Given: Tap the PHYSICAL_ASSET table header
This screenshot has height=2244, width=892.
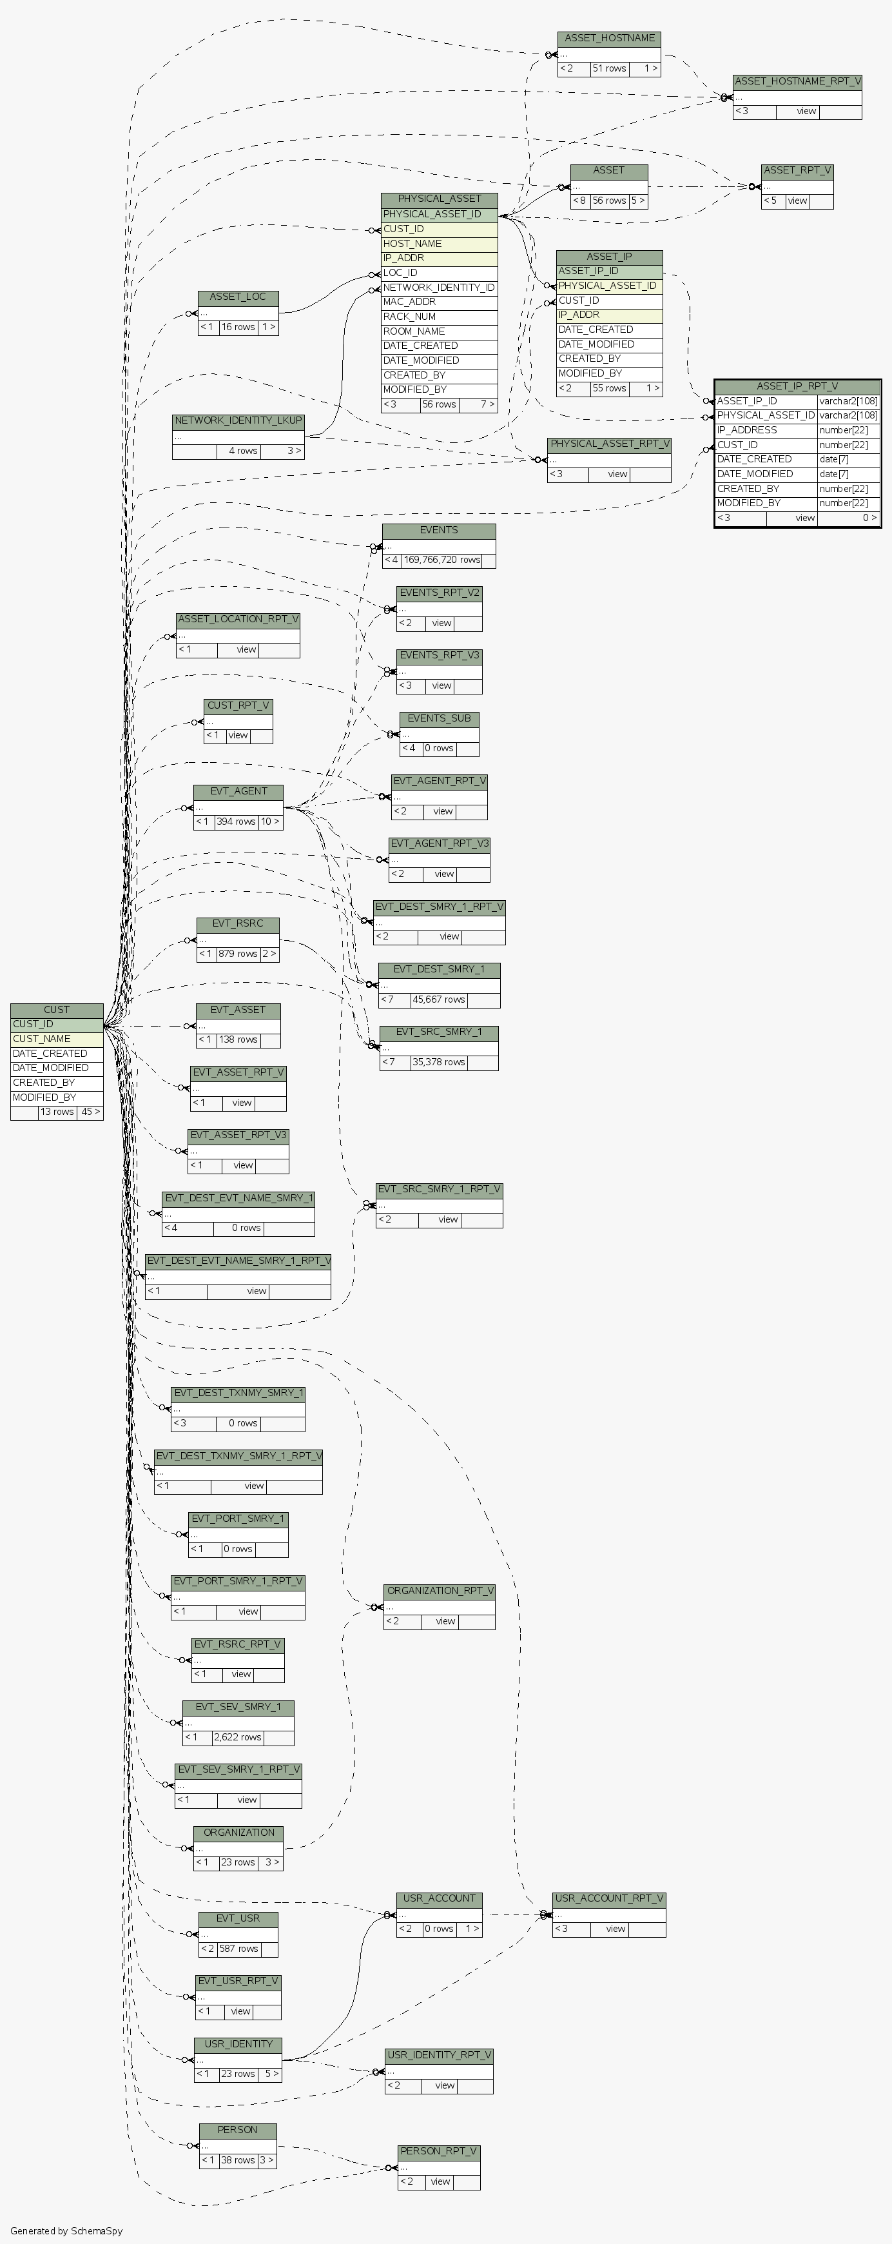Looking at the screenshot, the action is (439, 199).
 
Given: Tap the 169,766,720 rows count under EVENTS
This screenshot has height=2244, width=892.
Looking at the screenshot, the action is (441, 560).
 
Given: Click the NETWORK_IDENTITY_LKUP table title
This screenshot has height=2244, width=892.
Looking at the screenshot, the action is (238, 420).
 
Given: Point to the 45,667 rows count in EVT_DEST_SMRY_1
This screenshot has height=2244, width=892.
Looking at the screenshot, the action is (439, 999).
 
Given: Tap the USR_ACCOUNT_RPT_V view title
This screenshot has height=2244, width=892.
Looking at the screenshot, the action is (609, 1898).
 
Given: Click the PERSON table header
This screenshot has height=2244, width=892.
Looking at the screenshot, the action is (238, 2130).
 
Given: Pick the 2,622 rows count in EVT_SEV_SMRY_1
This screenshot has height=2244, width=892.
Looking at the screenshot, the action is (238, 1737).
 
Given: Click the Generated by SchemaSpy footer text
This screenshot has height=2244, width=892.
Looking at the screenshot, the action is (66, 2231).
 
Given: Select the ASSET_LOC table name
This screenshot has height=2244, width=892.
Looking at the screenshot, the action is (238, 297).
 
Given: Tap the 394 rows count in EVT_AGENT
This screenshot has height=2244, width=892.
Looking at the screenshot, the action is (236, 822).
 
